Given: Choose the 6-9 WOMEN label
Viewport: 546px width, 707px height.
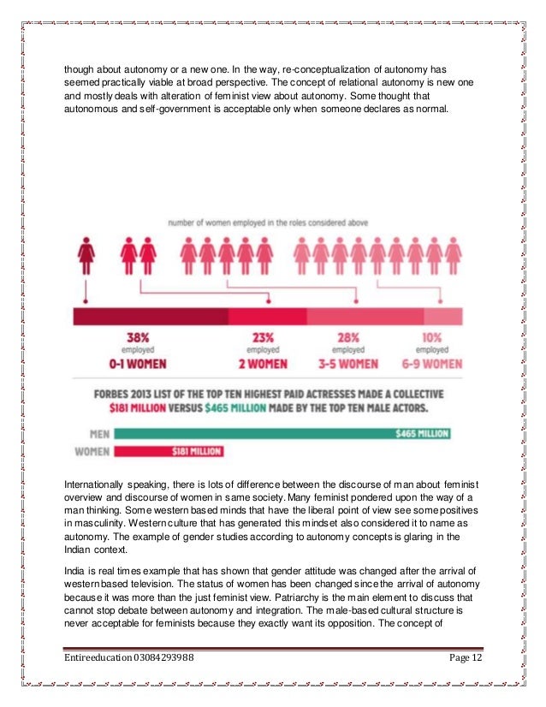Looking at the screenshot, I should coord(430,363).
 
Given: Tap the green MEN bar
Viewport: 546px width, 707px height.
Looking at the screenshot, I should coord(282,433).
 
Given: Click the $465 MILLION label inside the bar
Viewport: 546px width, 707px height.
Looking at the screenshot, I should coord(421,434).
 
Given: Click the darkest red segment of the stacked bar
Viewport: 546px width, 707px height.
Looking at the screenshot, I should coord(150,317).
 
